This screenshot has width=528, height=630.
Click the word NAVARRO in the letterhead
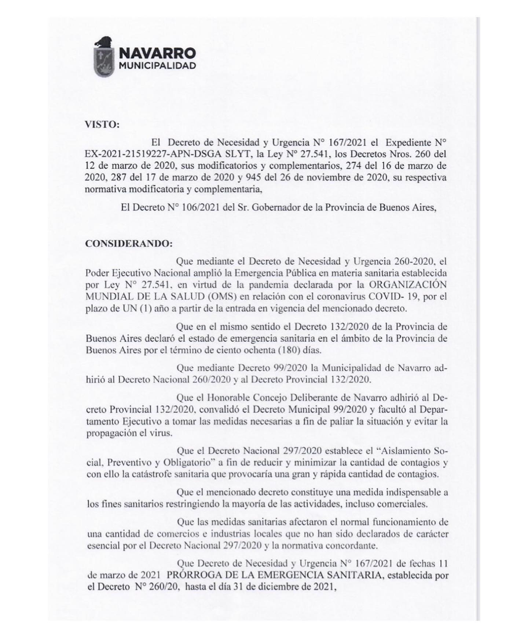[158, 54]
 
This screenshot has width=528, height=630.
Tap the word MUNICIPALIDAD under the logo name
[157, 66]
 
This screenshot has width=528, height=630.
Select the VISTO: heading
[102, 124]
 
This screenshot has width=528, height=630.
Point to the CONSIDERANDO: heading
[129, 244]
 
